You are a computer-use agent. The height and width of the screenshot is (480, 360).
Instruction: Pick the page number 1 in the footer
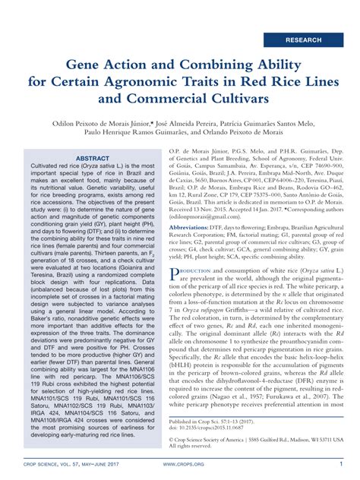tap(341, 463)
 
